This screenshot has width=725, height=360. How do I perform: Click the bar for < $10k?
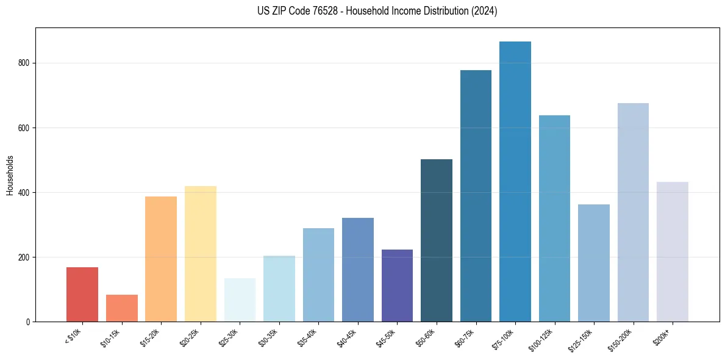pyautogui.click(x=82, y=295)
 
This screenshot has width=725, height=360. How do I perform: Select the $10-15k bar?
pyautogui.click(x=122, y=308)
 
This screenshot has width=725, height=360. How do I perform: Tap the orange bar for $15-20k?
pyautogui.click(x=161, y=259)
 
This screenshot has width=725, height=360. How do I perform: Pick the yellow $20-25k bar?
pyautogui.click(x=201, y=254)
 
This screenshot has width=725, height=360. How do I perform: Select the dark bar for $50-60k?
pyautogui.click(x=437, y=240)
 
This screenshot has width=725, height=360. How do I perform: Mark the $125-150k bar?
pyautogui.click(x=594, y=263)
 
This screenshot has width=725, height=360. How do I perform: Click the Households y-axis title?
pyautogui.click(x=10, y=175)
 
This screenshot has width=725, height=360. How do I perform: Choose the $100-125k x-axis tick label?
pyautogui.click(x=543, y=339)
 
